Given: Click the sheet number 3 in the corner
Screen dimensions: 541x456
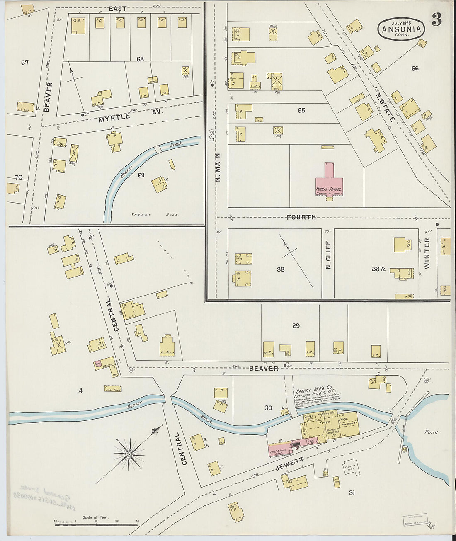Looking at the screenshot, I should click(437, 20).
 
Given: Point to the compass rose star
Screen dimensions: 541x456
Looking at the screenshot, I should click(129, 454).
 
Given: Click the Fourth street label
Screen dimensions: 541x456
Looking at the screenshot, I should click(301, 217).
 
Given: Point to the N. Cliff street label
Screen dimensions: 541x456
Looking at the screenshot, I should click(328, 255).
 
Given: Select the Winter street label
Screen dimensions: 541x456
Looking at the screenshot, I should click(427, 253).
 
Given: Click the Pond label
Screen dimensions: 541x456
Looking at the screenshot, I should click(431, 432).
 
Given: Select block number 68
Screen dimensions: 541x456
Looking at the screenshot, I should click(140, 59).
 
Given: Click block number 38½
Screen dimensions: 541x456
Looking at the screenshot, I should click(378, 269).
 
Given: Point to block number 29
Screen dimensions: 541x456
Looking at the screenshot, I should click(296, 326).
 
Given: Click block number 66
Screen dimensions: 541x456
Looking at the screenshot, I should click(415, 68).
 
